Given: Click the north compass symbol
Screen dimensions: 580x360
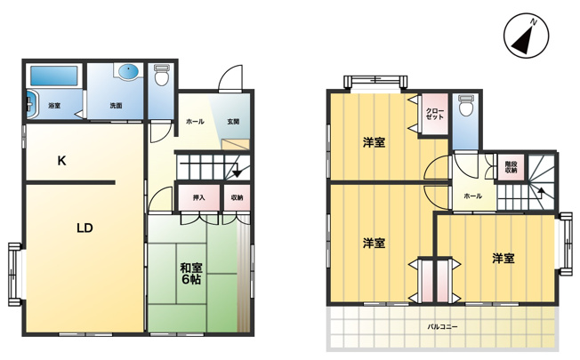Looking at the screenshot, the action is point(526,36).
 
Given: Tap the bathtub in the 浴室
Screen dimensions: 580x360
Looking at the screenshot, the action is point(54,76).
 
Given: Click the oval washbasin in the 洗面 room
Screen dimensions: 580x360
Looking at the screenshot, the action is point(128,72).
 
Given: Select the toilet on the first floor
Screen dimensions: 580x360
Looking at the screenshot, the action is point(161,75).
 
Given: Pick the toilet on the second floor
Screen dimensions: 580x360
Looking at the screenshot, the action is point(465,105).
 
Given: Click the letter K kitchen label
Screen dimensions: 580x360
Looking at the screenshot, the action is point(61,161).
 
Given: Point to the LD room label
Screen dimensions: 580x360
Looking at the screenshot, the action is point(85,228).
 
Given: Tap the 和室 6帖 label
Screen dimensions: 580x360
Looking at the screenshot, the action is point(191,273).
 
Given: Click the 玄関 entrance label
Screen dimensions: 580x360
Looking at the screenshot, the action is point(233,121).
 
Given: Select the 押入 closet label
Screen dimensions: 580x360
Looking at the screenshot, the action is point(199,197).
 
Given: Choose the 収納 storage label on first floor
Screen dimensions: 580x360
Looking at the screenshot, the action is point(238,197).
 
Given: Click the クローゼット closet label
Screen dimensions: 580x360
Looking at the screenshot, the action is point(435,114).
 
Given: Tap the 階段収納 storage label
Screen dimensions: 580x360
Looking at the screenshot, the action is point(511,167).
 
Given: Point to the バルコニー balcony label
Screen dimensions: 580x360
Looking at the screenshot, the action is point(443,327).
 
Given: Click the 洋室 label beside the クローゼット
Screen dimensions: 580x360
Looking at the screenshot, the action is point(374,142).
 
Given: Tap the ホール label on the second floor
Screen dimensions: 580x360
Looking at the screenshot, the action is point(473,196).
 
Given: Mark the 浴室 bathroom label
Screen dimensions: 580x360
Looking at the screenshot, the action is point(54,106).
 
